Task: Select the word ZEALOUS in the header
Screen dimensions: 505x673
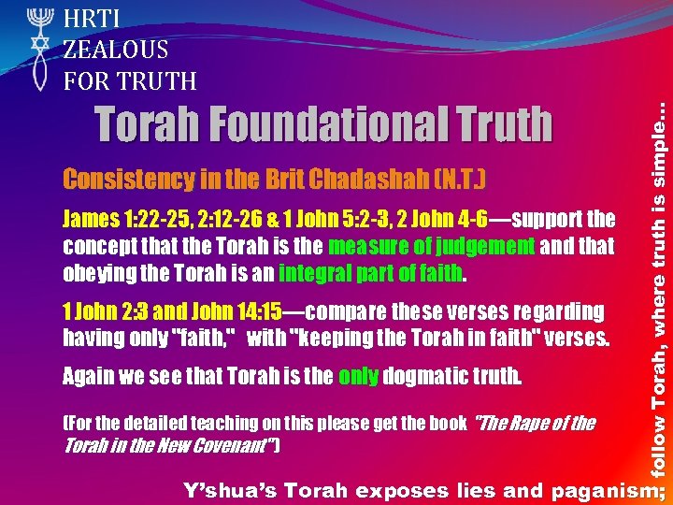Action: [116, 50]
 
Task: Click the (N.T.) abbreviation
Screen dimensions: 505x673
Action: [459, 179]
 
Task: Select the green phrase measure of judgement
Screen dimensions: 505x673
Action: [432, 247]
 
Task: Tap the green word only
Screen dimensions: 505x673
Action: [359, 377]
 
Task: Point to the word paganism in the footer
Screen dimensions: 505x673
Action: [600, 489]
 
